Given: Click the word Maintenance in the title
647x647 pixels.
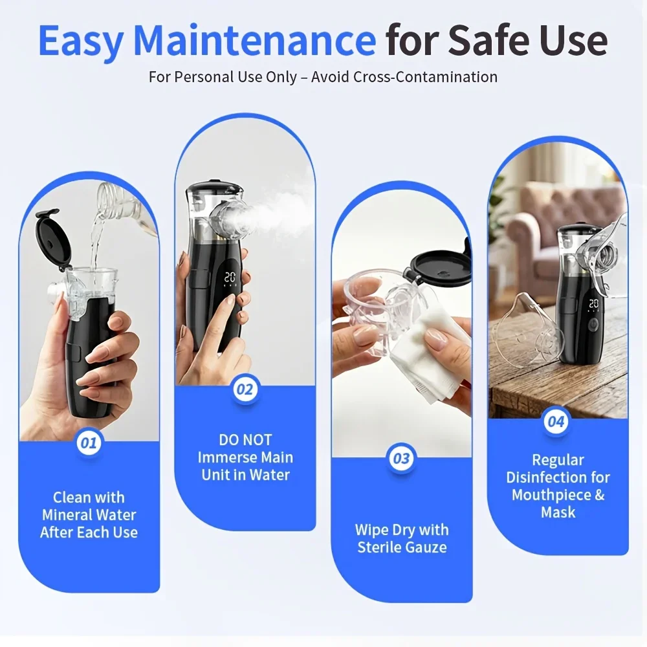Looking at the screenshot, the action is point(254,40).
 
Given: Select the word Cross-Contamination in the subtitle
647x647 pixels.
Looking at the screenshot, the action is point(426,77).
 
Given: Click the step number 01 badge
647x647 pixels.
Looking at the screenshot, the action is point(89,443).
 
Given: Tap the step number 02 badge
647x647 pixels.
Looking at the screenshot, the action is point(245,389).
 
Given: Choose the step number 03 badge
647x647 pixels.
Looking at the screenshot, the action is point(401,459).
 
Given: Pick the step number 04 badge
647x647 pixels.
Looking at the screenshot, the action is point(556,422).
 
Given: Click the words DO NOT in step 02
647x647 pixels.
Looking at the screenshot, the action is point(245,440).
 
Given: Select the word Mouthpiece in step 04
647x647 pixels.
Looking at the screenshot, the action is point(551,495).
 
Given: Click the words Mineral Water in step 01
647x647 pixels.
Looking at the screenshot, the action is point(89,515).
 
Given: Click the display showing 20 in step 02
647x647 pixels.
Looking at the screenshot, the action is point(230,278).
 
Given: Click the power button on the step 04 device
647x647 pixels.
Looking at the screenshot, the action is point(593,325).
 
